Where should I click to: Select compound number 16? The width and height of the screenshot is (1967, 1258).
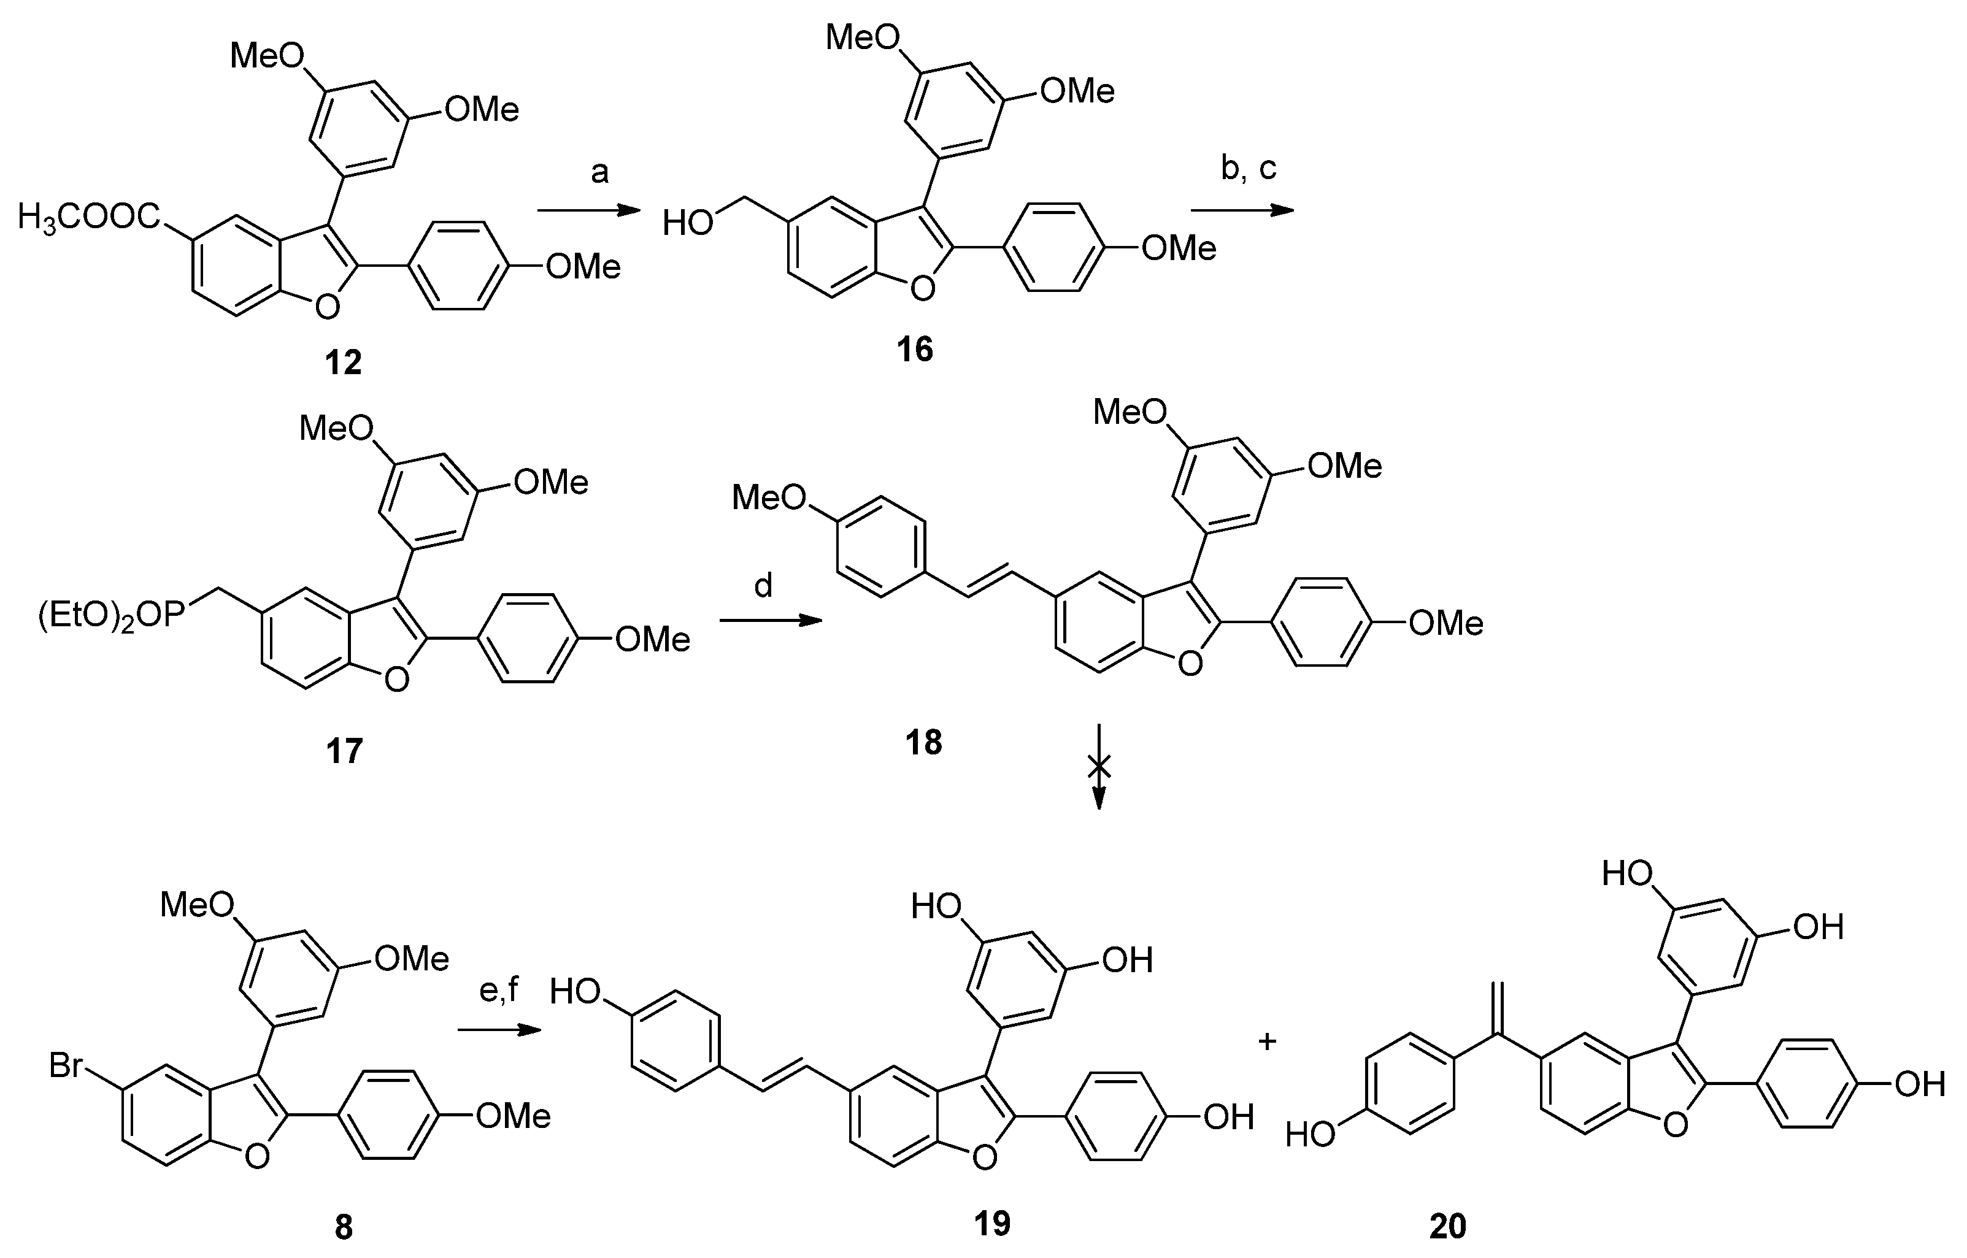pyautogui.click(x=914, y=350)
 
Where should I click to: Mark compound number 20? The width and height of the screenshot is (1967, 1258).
pyautogui.click(x=1447, y=1226)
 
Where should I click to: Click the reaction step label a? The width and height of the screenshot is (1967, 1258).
pyautogui.click(x=599, y=172)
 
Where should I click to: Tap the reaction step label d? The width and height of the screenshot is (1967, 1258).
pyautogui.click(x=763, y=585)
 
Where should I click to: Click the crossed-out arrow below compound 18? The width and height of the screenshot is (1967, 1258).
pyautogui.click(x=1099, y=766)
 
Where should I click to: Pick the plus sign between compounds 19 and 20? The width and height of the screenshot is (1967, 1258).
pyautogui.click(x=1267, y=1042)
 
